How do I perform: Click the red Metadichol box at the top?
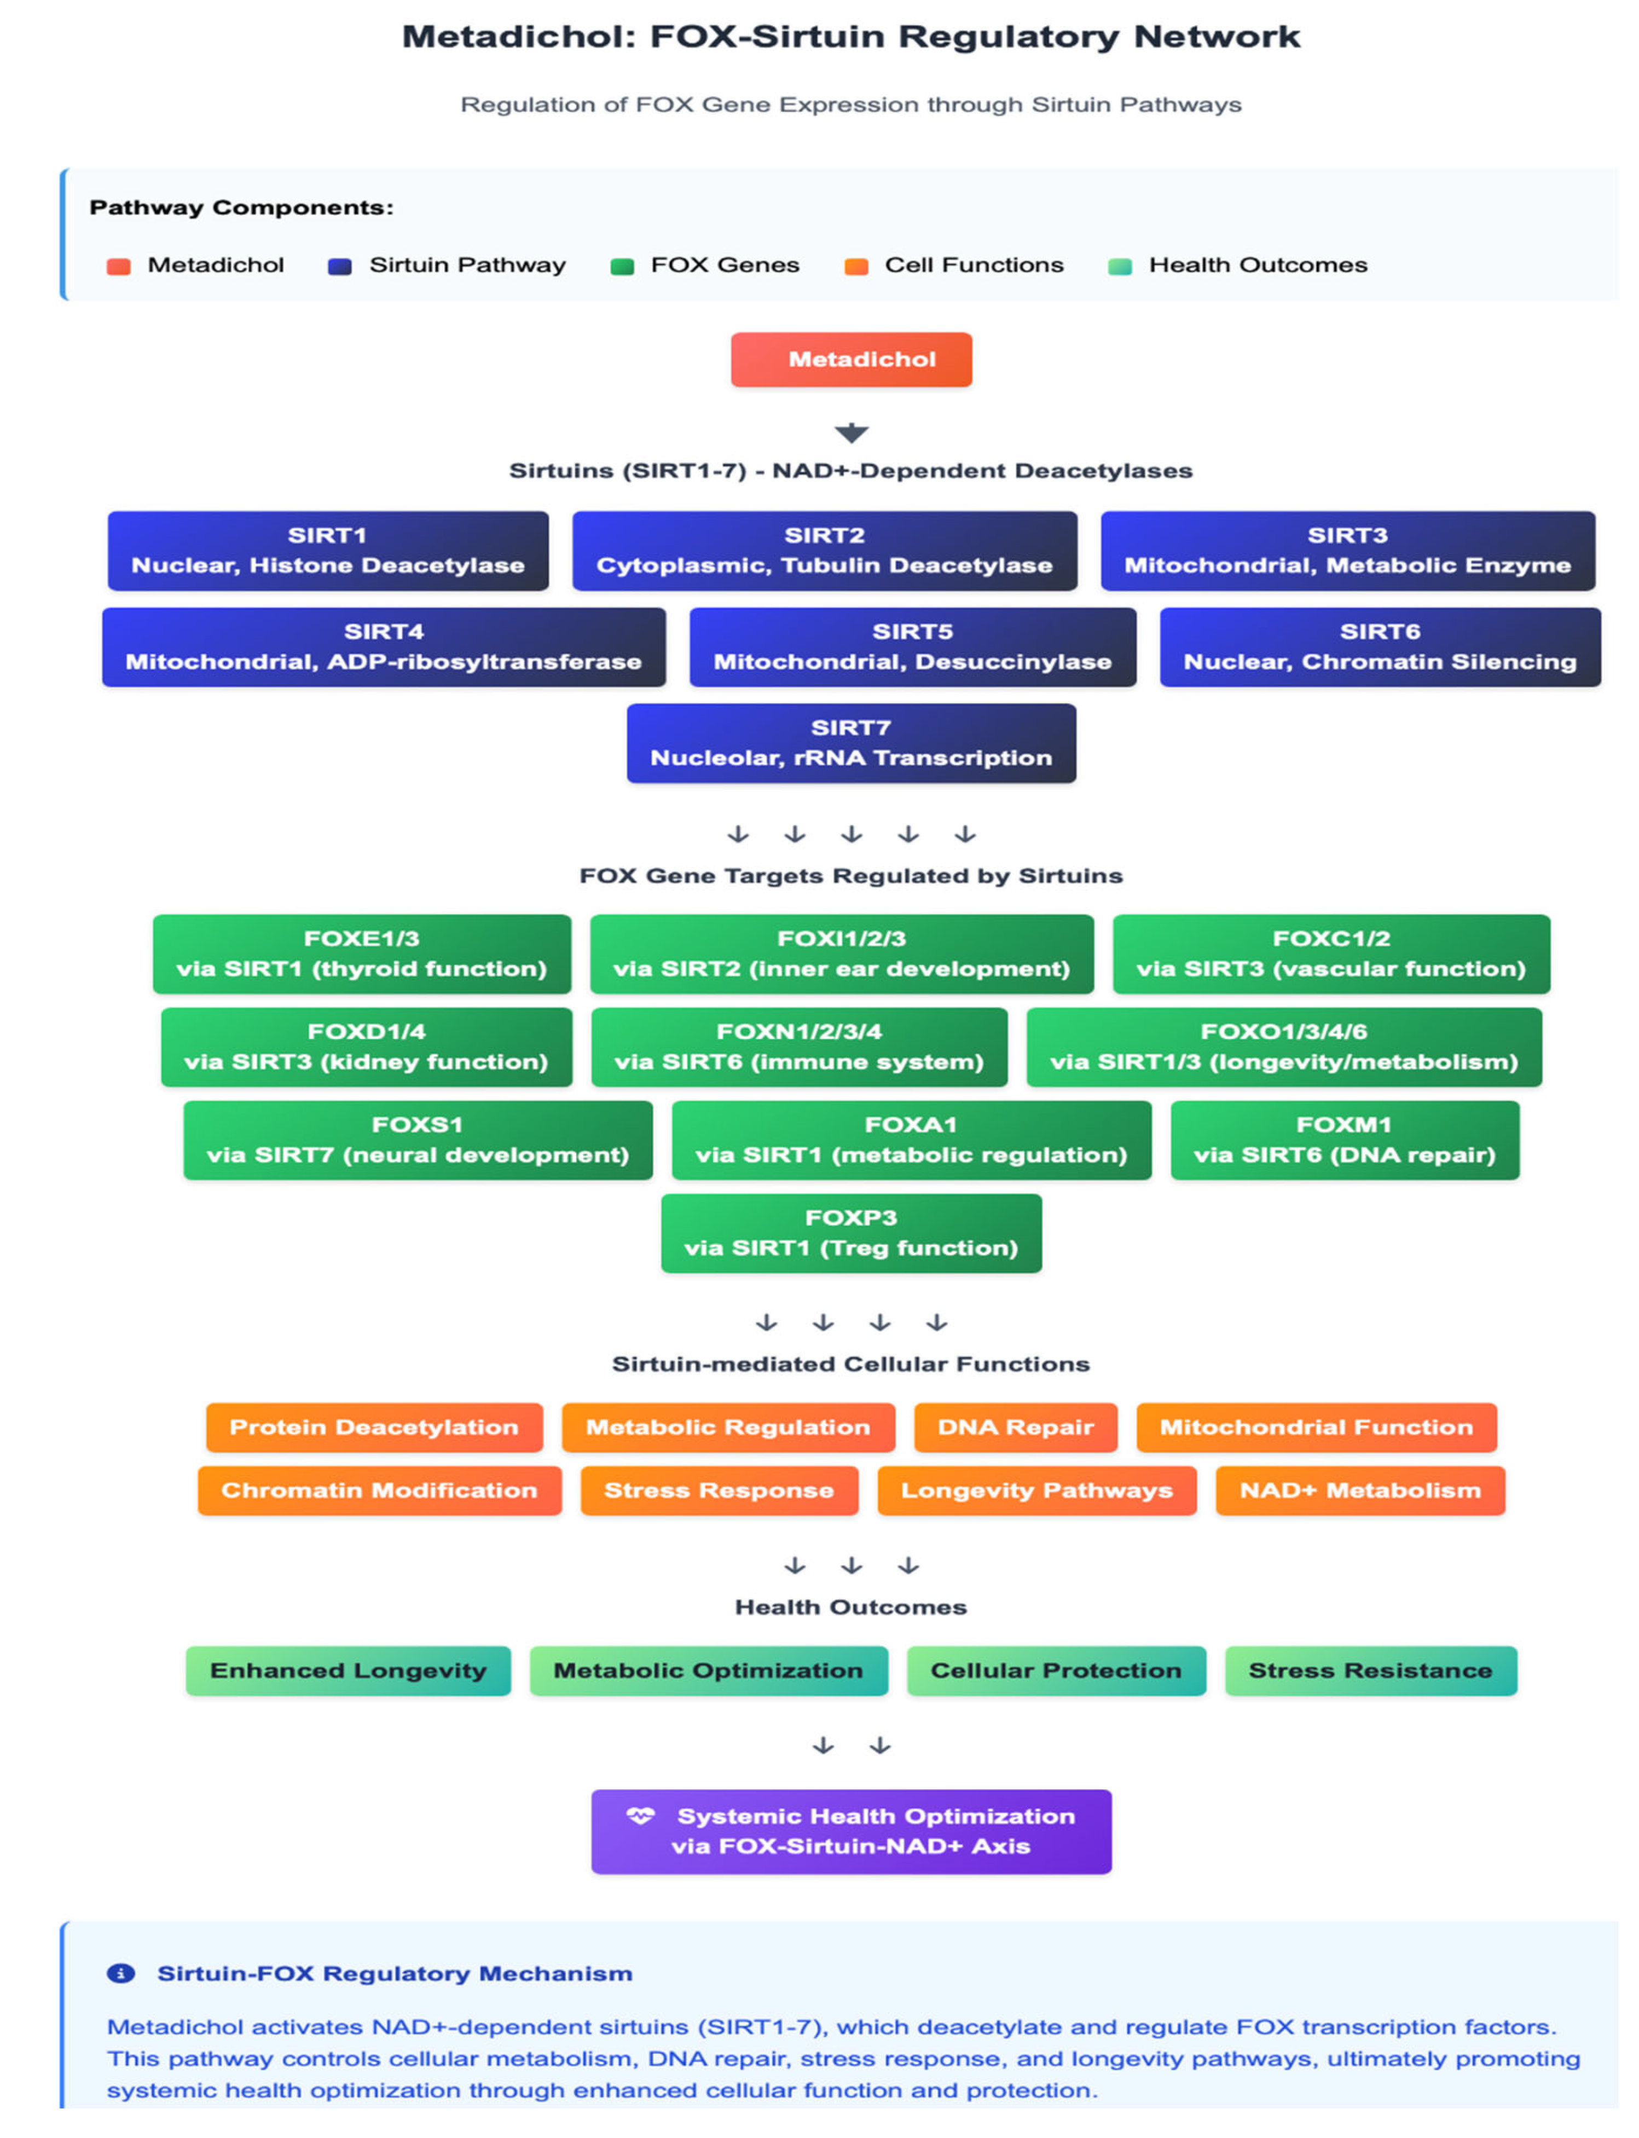851,359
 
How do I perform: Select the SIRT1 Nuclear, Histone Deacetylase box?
328,550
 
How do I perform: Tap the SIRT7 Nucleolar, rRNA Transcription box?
851,743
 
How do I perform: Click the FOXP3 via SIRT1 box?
851,1233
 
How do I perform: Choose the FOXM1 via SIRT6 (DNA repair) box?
1345,1140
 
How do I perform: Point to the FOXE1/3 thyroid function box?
361,954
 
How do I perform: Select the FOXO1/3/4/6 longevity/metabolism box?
1284,1046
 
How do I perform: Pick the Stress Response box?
719,1490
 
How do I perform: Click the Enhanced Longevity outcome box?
348,1669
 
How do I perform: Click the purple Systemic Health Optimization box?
851,1830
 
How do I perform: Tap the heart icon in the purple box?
640,1815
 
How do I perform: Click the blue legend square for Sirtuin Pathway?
339,267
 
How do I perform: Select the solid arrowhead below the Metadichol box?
851,432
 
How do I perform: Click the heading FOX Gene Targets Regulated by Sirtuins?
851,875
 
